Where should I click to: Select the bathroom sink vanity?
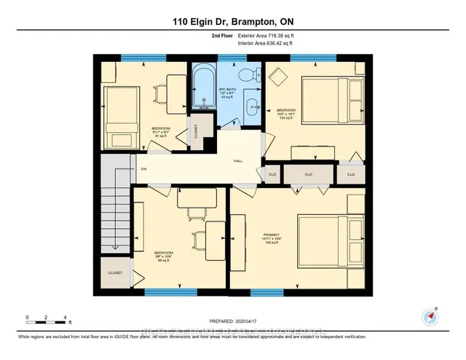coord(252,106)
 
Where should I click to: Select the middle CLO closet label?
coord(308,175)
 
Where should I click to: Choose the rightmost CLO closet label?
coord(350,175)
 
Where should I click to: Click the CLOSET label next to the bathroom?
coord(196,131)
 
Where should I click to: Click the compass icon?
coord(430,316)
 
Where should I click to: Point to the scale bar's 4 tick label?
coord(66,318)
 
